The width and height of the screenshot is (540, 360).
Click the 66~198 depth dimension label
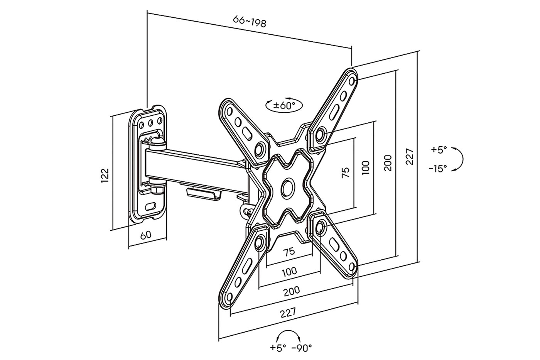(x=250, y=22)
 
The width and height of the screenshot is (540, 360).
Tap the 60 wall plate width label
(x=145, y=235)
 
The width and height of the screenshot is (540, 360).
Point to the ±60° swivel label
(x=284, y=105)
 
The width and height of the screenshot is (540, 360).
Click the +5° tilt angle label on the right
(x=439, y=149)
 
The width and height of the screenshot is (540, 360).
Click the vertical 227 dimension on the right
(x=410, y=156)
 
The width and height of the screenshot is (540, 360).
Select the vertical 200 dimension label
(x=388, y=162)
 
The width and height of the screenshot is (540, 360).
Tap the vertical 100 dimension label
(x=366, y=167)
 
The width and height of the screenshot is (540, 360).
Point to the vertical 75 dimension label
(x=346, y=172)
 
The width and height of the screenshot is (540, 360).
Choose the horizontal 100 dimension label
(x=289, y=272)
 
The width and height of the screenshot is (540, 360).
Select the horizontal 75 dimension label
(x=289, y=252)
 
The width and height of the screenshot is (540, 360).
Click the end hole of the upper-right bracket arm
(x=352, y=80)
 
